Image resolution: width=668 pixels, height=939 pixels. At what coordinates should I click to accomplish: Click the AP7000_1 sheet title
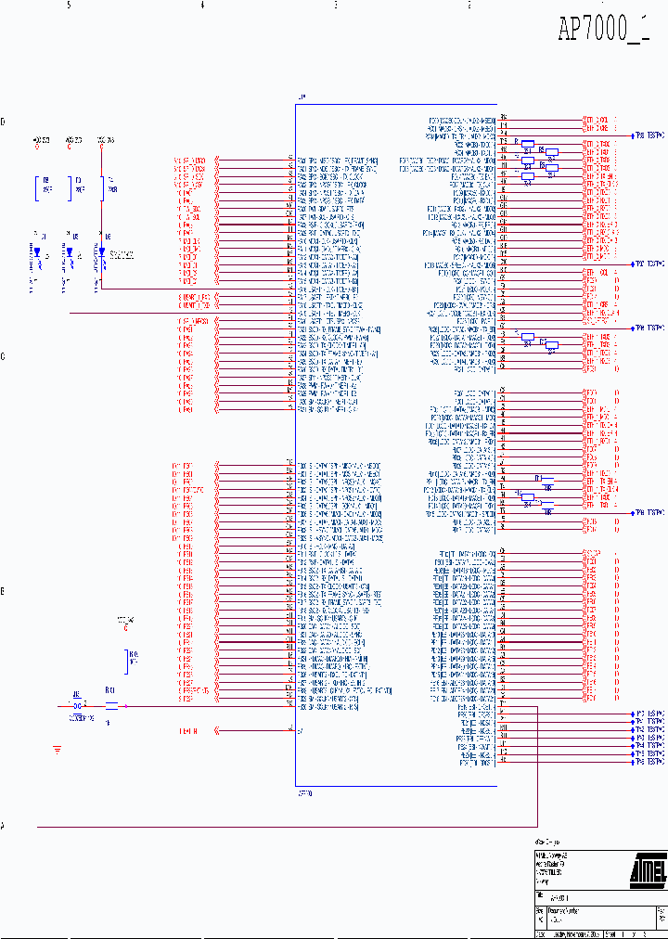pos(603,30)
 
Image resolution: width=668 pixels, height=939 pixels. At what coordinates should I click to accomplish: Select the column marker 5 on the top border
pos(69,6)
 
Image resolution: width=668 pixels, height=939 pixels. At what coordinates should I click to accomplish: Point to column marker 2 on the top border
pos(469,6)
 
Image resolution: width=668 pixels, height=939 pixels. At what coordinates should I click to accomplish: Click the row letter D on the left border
pos(3,122)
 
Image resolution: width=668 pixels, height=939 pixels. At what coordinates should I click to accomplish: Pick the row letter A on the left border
pos(3,825)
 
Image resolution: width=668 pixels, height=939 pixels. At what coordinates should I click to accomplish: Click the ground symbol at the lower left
pos(58,748)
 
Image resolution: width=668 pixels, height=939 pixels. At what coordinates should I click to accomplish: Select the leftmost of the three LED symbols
pos(36,251)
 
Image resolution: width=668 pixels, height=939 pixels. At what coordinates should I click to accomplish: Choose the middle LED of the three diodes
pos(69,251)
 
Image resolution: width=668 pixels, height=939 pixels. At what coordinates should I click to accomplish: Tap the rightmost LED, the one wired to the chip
pos(100,251)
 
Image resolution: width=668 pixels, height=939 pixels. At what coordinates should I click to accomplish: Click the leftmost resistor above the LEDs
pos(38,187)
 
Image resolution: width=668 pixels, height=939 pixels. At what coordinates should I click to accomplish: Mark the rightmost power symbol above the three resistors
pos(101,142)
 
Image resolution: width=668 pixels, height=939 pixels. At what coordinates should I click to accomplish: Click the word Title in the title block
pos(541,896)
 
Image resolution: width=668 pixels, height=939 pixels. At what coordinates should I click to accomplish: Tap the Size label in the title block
pos(539,910)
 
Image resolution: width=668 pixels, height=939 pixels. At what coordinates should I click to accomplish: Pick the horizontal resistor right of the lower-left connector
pos(111,706)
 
